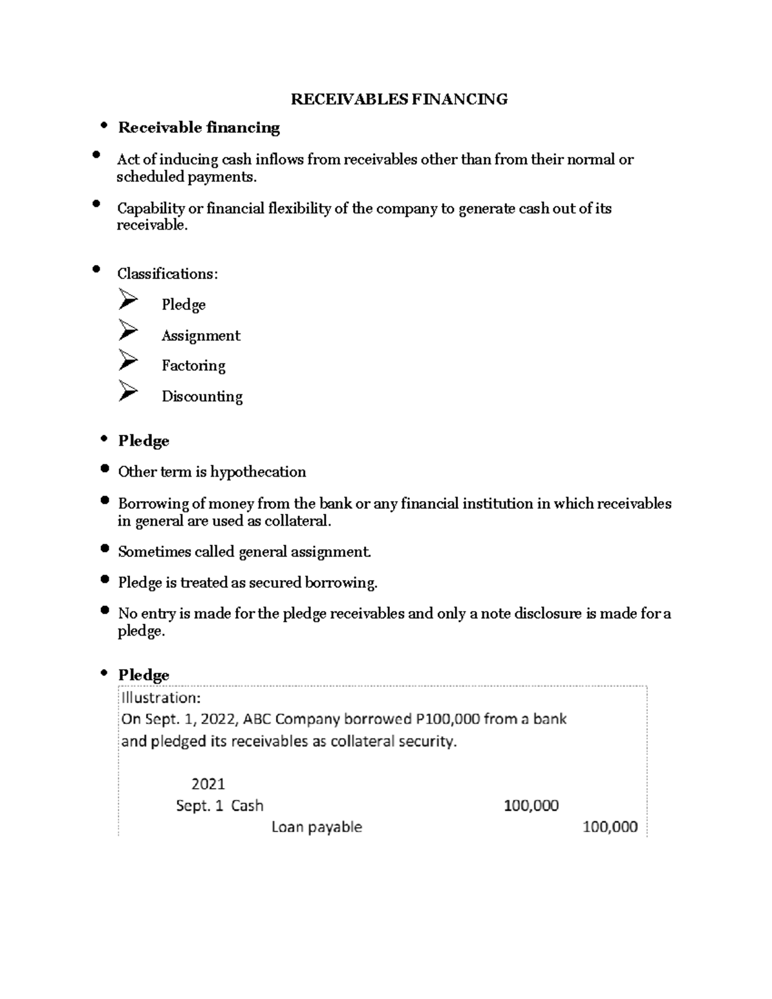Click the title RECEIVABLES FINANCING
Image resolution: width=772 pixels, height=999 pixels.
(x=399, y=99)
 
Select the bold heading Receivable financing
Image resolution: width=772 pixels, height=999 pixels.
(x=199, y=127)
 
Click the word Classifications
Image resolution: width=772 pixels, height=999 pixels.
(x=166, y=274)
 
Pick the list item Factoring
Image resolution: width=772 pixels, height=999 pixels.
(x=193, y=366)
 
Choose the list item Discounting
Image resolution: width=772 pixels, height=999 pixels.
(x=202, y=396)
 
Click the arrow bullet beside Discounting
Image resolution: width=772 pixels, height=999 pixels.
(x=128, y=391)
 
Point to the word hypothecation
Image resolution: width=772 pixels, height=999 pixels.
(x=258, y=472)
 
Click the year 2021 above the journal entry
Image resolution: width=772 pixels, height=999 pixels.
(x=208, y=784)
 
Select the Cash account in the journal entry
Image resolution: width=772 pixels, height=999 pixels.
(x=247, y=806)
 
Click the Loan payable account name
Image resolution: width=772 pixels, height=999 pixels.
(x=317, y=827)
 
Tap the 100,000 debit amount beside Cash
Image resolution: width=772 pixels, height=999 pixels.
(x=531, y=806)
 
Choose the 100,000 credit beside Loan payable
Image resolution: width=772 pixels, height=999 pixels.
(x=610, y=827)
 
